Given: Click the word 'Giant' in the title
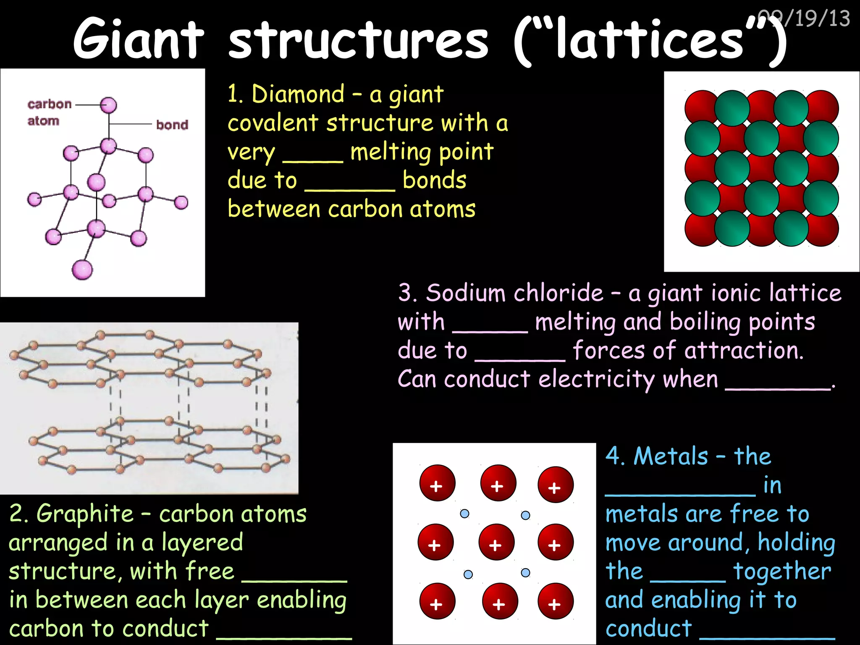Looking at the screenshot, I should click(139, 39).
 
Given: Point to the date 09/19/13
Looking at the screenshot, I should click(804, 18).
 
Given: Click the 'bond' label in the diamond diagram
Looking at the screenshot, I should click(172, 125).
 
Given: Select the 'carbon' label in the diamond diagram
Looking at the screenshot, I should click(50, 104).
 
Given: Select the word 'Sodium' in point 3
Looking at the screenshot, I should click(466, 293).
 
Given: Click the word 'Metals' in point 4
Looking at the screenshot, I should click(671, 456).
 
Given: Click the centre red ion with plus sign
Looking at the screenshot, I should click(496, 542).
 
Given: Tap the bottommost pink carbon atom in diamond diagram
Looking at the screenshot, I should click(82, 270).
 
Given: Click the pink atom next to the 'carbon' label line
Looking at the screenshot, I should click(108, 105).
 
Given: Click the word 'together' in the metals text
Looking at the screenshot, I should click(782, 572).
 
